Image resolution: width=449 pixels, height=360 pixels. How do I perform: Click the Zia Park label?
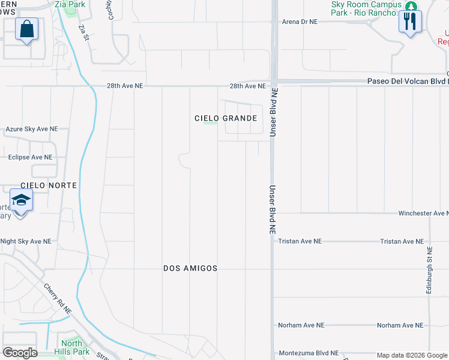tap(70, 4)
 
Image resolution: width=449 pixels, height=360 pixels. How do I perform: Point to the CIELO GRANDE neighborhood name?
tap(226, 118)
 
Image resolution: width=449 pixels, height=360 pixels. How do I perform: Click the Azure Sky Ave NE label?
tap(32, 129)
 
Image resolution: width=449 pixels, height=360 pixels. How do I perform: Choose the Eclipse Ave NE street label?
tap(30, 157)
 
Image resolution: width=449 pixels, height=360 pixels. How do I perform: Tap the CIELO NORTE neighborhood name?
tap(49, 185)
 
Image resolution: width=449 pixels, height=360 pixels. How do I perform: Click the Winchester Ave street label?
tap(424, 213)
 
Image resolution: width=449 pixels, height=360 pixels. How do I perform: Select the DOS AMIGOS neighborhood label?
tap(190, 268)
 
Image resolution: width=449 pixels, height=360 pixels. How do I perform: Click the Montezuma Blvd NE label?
tap(308, 353)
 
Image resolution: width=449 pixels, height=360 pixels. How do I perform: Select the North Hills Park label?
tap(71, 348)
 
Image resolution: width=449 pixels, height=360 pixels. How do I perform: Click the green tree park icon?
tap(411, 6)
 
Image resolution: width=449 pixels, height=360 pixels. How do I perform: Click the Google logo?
tap(20, 352)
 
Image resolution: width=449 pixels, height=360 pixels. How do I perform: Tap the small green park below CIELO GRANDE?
tap(210, 124)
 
